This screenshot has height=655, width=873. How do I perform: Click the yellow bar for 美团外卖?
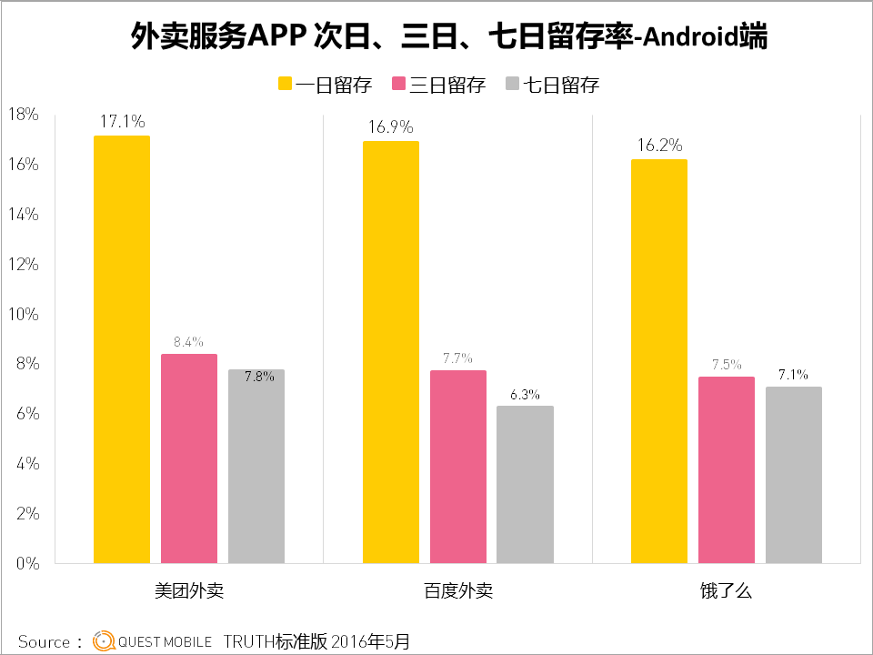click(122, 349)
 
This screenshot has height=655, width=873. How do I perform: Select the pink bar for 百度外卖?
click(458, 467)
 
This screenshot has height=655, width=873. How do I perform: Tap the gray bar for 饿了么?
click(794, 475)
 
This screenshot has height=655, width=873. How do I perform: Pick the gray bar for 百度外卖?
click(525, 484)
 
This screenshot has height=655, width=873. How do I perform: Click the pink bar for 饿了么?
click(727, 469)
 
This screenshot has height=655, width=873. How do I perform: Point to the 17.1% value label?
click(123, 120)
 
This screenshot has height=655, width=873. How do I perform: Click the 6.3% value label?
click(525, 395)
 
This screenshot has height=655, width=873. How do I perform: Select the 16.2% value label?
click(659, 145)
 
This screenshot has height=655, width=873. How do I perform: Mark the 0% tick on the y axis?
click(26, 563)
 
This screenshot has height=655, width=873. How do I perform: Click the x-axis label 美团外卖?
click(189, 590)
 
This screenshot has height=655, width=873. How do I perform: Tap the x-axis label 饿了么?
click(727, 590)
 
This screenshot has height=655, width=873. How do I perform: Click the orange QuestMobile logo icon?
click(104, 641)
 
